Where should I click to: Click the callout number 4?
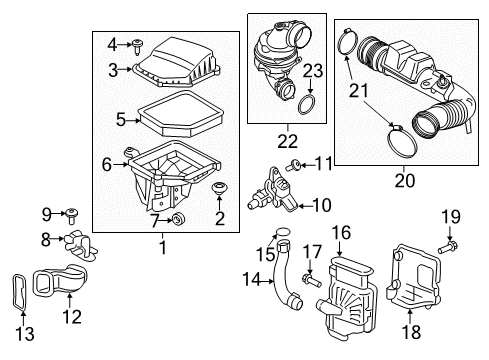111,43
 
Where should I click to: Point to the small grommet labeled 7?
178,219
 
